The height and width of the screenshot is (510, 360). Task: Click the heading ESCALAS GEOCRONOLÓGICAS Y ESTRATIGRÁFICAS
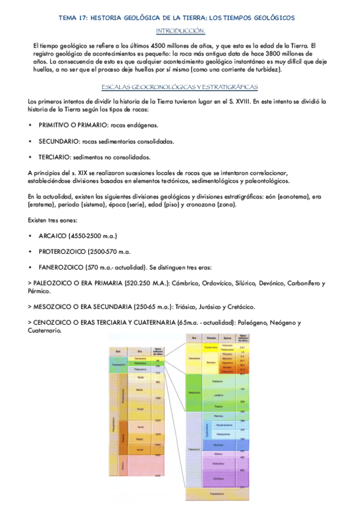pyautogui.click(x=180, y=87)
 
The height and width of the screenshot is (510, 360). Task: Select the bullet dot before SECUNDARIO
pyautogui.click(x=31, y=141)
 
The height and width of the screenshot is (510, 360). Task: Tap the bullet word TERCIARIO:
pyautogui.click(x=55, y=157)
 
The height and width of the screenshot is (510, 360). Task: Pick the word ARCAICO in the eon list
pyautogui.click(x=53, y=235)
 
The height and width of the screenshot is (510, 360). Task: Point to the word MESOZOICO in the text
pyautogui.click(x=56, y=306)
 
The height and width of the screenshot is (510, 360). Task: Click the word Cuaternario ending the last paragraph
pyautogui.click(x=44, y=330)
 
